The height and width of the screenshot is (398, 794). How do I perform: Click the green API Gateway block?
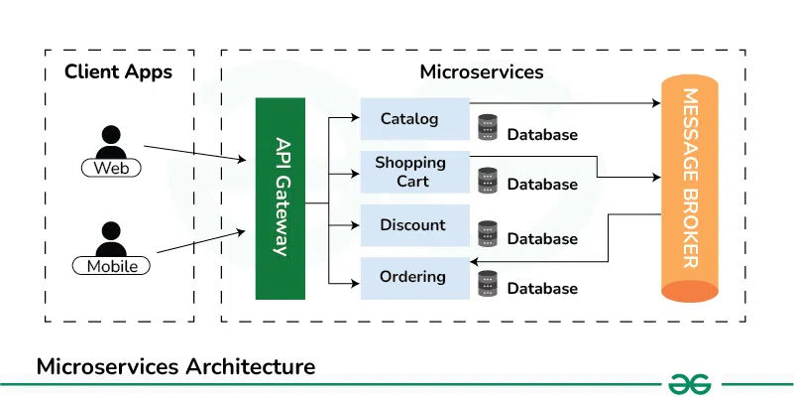click(x=281, y=199)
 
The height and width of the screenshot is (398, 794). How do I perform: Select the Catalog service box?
click(x=413, y=119)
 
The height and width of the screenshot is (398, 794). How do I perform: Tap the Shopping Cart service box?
click(x=413, y=172)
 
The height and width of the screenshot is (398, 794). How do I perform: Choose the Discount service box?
click(x=413, y=225)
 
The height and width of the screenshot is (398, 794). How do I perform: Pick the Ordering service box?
click(x=413, y=278)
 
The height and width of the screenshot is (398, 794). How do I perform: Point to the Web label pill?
click(x=111, y=168)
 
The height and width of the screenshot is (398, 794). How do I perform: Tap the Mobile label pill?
click(x=111, y=266)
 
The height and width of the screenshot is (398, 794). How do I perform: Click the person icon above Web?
click(x=111, y=142)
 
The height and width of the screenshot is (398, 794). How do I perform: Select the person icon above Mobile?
click(x=111, y=238)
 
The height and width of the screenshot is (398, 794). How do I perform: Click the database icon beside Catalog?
click(x=487, y=128)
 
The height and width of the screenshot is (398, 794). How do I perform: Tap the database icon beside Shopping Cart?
click(x=487, y=180)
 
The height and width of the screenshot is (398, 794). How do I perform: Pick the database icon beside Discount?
click(x=487, y=233)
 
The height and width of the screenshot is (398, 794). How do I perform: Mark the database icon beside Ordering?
click(x=487, y=284)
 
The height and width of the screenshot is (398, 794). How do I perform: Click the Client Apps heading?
click(x=118, y=71)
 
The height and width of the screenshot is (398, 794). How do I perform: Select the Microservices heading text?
click(x=482, y=71)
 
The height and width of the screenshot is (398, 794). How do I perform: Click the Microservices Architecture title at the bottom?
click(x=175, y=366)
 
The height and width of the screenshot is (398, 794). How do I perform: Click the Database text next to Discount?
click(x=542, y=239)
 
